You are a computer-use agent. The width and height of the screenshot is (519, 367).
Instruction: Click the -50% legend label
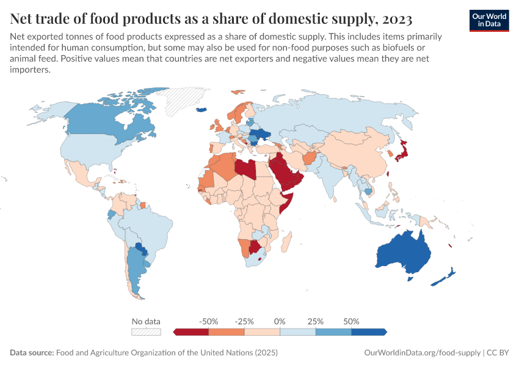[x=209, y=321]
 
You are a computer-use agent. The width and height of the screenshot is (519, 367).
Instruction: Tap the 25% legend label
[x=316, y=321]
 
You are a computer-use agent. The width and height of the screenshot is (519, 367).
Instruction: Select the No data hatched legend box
[x=147, y=332]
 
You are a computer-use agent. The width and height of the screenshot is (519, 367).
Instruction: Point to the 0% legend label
[x=280, y=321]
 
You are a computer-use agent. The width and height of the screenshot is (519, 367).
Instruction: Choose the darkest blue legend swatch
[x=369, y=332]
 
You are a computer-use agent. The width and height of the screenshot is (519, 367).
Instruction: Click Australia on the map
[x=403, y=254]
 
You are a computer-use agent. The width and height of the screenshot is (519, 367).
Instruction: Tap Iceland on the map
[x=201, y=111]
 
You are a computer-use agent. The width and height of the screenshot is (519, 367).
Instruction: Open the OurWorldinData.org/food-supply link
[x=422, y=353]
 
